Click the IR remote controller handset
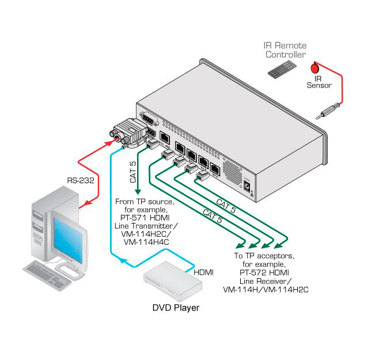(x=281, y=70)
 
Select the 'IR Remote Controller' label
(x=286, y=50)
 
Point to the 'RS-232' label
(x=79, y=180)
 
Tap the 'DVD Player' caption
(x=176, y=308)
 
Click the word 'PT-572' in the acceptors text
(x=249, y=272)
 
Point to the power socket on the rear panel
(x=248, y=188)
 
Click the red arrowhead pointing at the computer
(x=84, y=203)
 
